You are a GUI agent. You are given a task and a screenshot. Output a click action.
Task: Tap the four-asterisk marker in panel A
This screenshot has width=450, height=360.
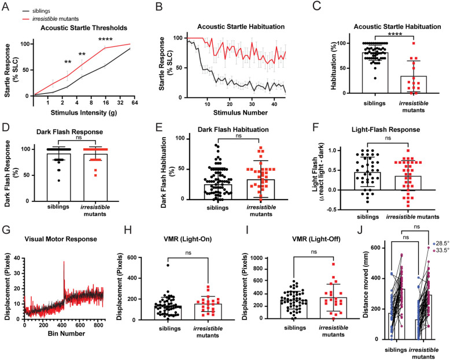(x=105, y=39)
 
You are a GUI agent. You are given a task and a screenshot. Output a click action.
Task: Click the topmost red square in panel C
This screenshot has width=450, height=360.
(x=414, y=43)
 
